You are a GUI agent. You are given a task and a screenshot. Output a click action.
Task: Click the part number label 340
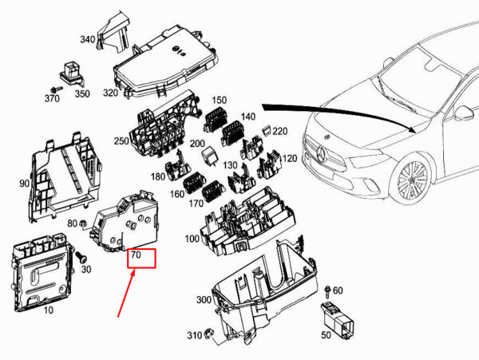(87, 38)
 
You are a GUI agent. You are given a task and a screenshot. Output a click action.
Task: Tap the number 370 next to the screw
(53, 98)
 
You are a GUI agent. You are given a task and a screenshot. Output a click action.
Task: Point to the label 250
(121, 141)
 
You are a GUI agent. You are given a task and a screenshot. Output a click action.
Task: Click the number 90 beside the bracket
(25, 184)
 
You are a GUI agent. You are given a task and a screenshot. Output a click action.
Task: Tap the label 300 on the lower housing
(204, 300)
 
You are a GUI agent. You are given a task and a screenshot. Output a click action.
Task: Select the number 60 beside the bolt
(338, 290)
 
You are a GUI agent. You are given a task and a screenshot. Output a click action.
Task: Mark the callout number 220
(280, 130)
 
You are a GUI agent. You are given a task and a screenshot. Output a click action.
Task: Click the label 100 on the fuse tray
(191, 239)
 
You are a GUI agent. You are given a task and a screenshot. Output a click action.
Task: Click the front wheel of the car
(414, 181)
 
